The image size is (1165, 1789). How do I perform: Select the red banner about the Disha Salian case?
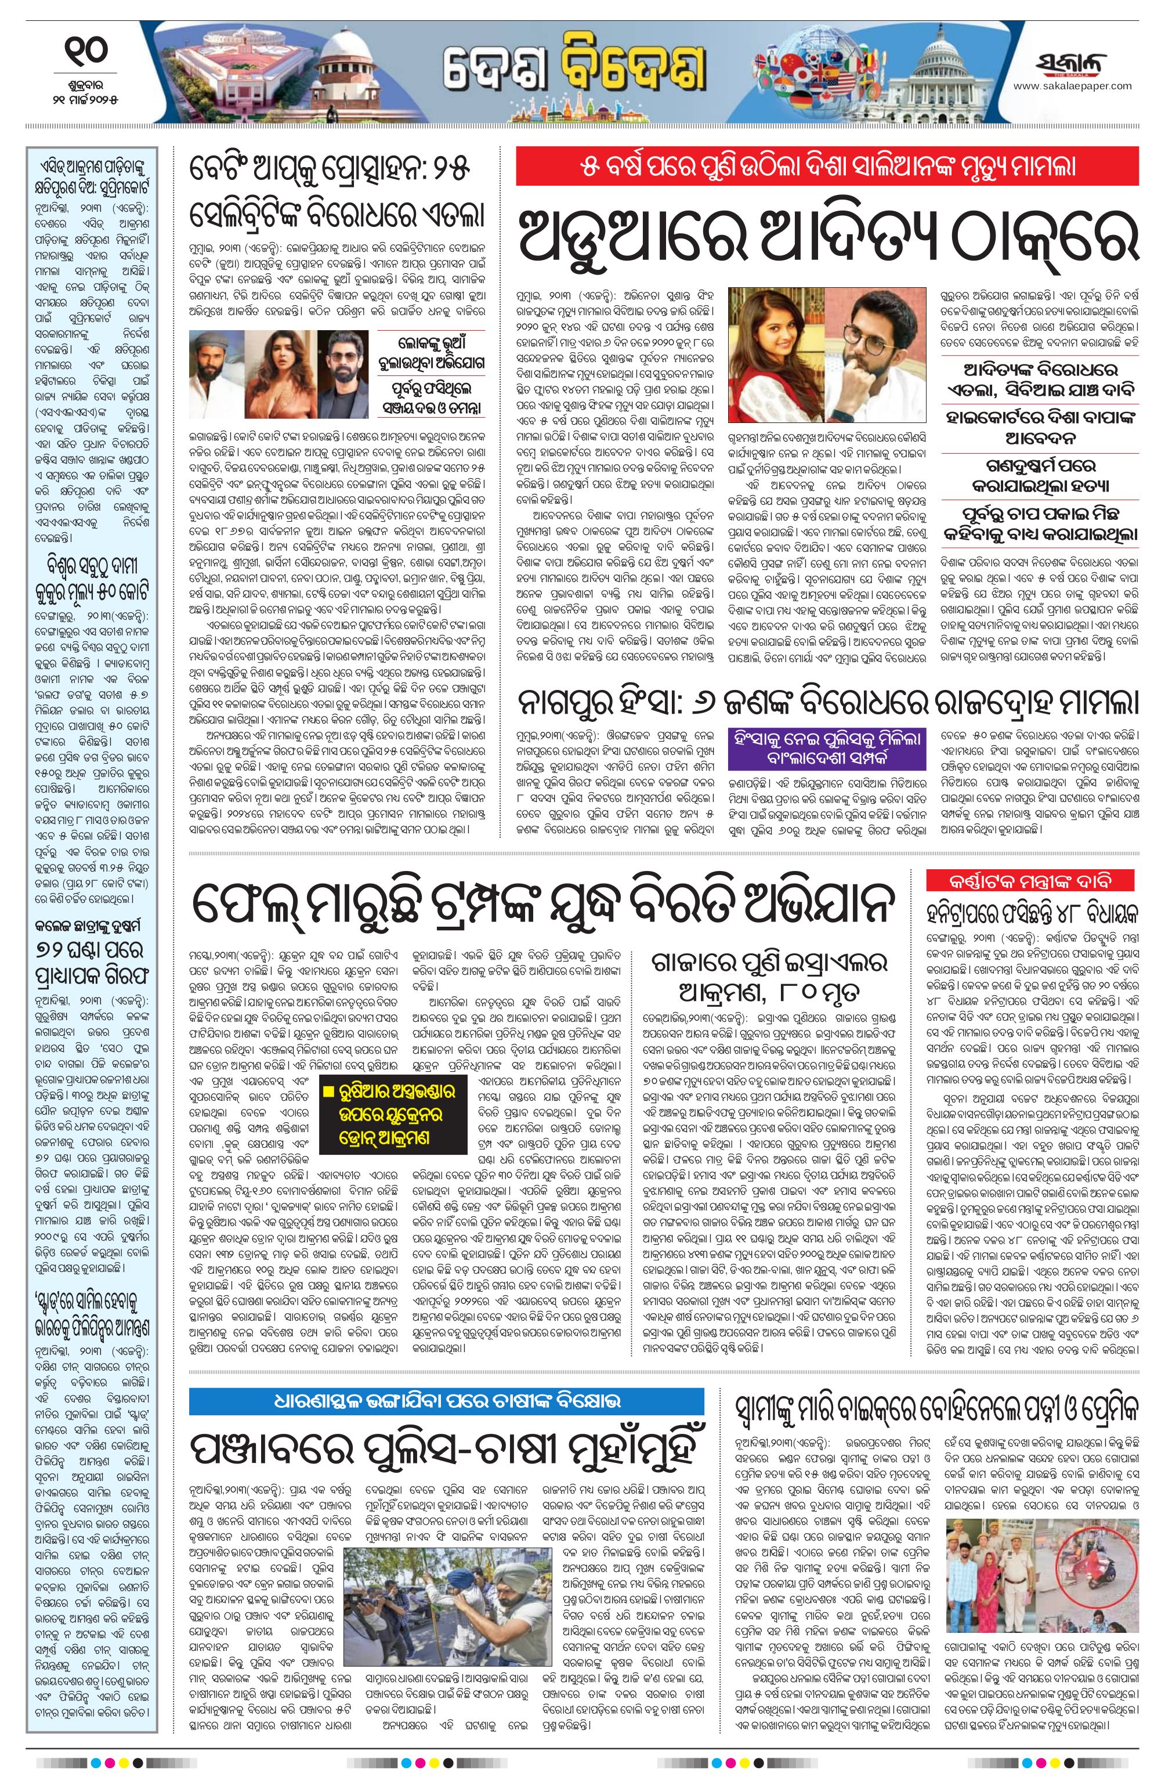(827, 166)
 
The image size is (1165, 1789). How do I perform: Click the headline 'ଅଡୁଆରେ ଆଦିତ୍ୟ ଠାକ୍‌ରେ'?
(827, 233)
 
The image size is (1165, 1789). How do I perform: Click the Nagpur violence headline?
(827, 703)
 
